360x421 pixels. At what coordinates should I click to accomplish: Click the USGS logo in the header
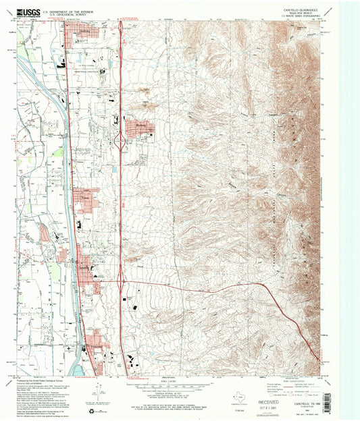(30, 11)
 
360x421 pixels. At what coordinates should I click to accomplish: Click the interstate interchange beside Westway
(120, 141)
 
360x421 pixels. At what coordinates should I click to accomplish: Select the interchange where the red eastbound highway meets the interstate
(120, 278)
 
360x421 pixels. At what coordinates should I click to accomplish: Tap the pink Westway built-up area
(139, 126)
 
